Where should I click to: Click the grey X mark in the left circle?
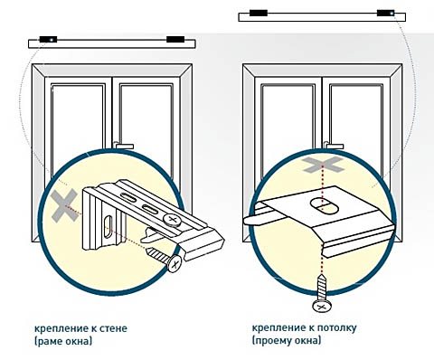(63, 206)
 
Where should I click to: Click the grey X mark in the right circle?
(323, 165)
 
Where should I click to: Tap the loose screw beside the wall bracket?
(165, 259)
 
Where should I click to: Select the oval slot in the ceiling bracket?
(325, 206)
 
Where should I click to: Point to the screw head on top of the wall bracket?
(173, 220)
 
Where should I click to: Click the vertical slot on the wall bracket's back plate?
(108, 226)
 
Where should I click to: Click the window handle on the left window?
(123, 146)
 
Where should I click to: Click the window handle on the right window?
(334, 146)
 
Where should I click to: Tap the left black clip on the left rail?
(48, 40)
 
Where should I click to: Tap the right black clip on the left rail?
(175, 40)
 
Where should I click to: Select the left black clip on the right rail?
(259, 14)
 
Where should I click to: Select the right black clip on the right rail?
(385, 14)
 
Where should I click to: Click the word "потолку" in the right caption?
(339, 327)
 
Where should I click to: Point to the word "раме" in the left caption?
(50, 341)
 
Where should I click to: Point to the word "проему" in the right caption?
(273, 341)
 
